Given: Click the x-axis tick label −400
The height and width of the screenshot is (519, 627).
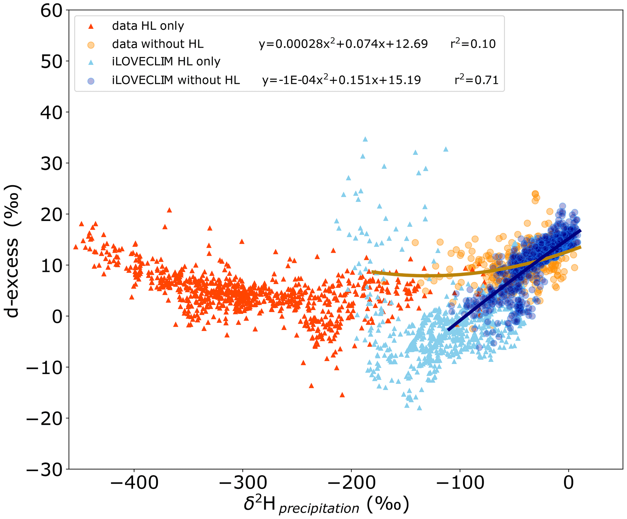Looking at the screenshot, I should [134, 483].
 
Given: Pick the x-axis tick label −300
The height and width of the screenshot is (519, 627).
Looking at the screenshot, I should [242, 483].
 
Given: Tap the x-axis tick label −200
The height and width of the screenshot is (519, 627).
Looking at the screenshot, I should [351, 483].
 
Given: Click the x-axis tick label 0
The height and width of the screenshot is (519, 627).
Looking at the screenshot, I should [568, 483].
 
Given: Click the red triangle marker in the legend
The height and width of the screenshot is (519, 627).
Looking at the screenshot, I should [91, 27].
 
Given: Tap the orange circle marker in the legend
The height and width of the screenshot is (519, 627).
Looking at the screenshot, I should [91, 45].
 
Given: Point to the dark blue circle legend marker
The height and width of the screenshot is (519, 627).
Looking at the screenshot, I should [91, 81].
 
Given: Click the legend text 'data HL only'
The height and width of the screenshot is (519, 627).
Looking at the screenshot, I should [148, 26].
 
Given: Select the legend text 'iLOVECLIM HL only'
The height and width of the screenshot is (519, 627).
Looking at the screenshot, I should [166, 62].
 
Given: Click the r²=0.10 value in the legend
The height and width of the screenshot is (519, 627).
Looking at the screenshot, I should [473, 44].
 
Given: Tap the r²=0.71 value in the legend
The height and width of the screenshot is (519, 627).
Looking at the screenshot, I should [477, 80].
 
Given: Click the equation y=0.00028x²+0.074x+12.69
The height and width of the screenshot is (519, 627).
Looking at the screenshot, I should [343, 44].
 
